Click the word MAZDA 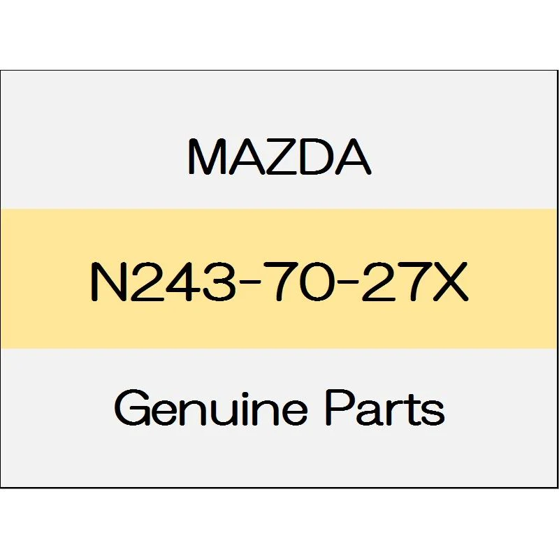[x=279, y=157]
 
